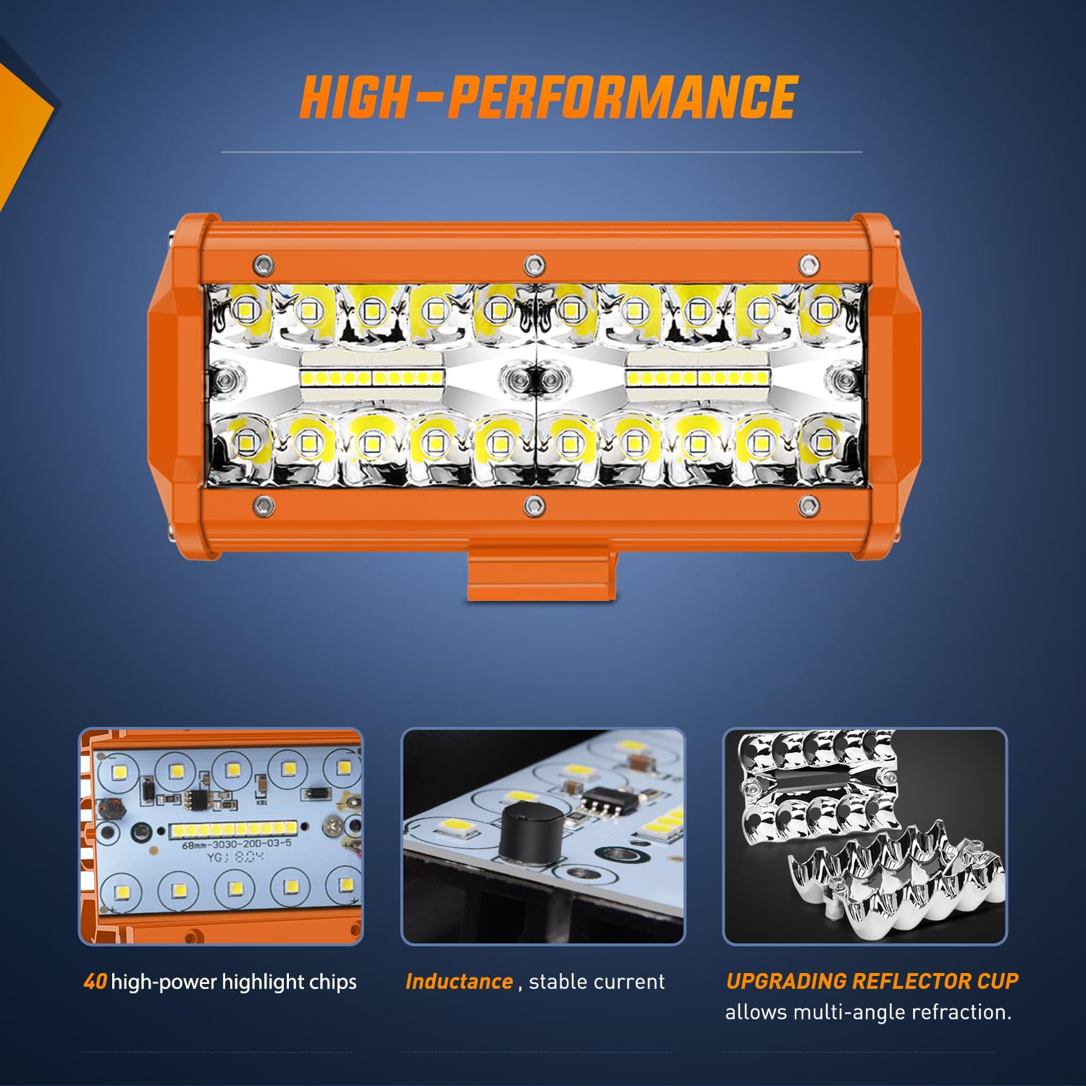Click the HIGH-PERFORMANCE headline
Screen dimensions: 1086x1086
[548, 98]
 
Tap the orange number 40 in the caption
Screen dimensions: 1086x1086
[95, 982]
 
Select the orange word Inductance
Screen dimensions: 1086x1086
[459, 982]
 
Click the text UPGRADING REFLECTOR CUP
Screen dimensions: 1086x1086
[872, 981]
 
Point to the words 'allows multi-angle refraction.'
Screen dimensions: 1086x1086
[868, 1012]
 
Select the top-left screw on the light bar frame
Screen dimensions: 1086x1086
[264, 264]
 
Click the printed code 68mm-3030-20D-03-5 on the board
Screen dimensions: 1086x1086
[236, 844]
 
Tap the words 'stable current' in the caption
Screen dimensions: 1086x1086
[597, 982]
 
